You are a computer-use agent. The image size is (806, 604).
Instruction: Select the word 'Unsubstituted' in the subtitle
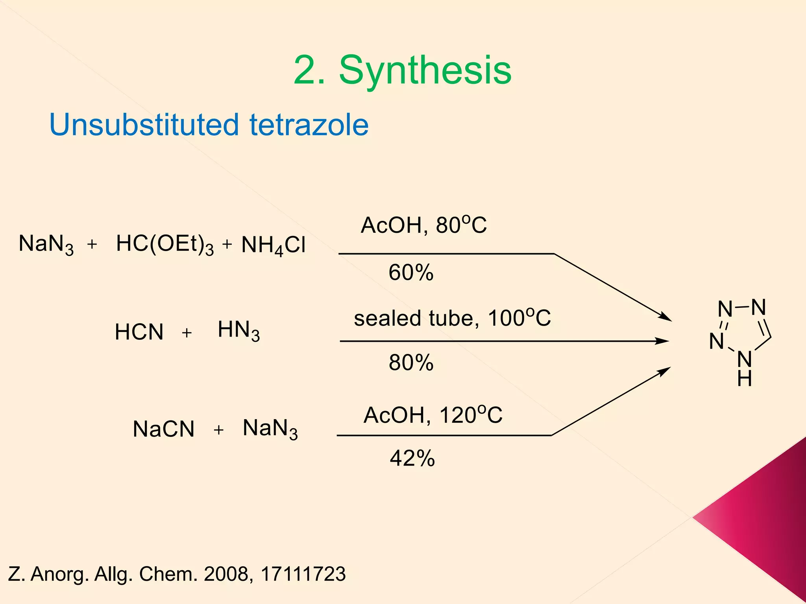pyautogui.click(x=144, y=125)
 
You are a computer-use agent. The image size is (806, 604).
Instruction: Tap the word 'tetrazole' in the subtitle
pyautogui.click(x=309, y=125)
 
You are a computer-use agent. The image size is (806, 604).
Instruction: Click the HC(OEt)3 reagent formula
pyautogui.click(x=165, y=244)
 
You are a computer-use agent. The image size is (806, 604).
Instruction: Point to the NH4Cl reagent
pyautogui.click(x=273, y=245)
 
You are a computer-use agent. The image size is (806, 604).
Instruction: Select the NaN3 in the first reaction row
pyautogui.click(x=46, y=244)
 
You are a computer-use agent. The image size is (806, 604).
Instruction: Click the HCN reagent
pyautogui.click(x=139, y=332)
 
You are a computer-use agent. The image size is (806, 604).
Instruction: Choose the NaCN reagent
pyautogui.click(x=164, y=429)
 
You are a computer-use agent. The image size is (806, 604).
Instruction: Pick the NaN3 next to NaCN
pyautogui.click(x=270, y=429)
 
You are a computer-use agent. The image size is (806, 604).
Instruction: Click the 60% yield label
pyautogui.click(x=411, y=273)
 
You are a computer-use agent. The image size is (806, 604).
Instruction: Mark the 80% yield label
pyautogui.click(x=411, y=362)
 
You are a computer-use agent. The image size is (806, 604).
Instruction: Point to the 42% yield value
pyautogui.click(x=412, y=458)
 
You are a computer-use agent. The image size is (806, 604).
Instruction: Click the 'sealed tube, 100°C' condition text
pyautogui.click(x=452, y=318)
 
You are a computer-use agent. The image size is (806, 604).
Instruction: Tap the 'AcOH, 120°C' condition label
pyautogui.click(x=433, y=415)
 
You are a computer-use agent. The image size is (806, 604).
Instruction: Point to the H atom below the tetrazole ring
pyautogui.click(x=745, y=379)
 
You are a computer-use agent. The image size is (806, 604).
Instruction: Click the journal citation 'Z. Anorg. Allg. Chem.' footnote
pyautogui.click(x=177, y=574)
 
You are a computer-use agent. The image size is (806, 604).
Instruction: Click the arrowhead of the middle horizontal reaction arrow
pyautogui.click(x=663, y=341)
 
